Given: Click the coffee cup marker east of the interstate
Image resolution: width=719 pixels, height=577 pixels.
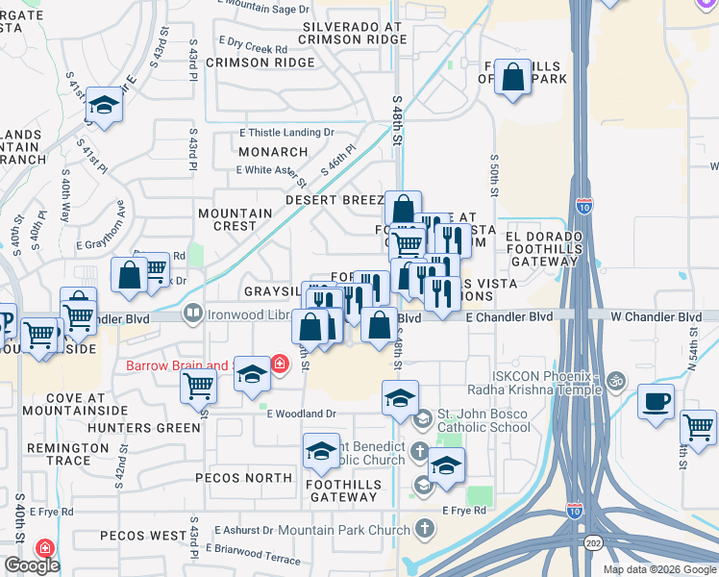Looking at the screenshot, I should [x=657, y=402].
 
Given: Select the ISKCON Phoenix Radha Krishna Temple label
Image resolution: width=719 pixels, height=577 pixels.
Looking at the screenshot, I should [x=533, y=382].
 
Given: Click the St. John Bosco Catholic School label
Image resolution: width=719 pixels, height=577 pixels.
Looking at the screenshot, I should [x=483, y=420].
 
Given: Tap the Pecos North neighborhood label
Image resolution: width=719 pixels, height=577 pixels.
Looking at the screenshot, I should [x=243, y=478].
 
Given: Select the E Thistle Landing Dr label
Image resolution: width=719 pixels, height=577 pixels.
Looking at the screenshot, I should [x=286, y=133].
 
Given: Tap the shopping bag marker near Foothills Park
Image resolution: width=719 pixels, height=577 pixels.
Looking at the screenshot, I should [x=513, y=77].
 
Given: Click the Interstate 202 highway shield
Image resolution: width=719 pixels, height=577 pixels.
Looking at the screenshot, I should [x=594, y=542].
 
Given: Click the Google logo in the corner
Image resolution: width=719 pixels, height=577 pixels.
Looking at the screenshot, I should [x=31, y=565].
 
